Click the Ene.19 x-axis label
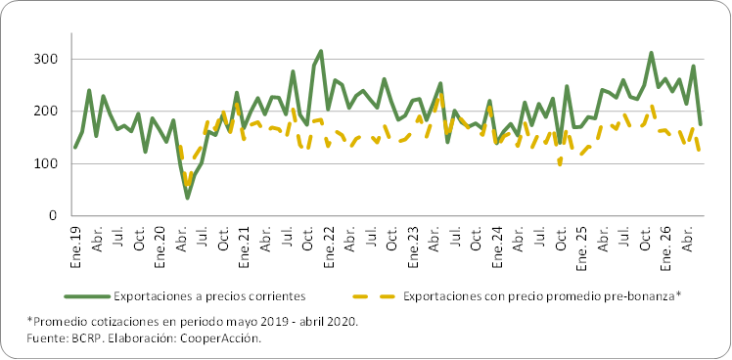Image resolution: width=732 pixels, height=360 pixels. click(75, 247)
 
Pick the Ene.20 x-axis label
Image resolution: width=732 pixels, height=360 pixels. click(160, 247)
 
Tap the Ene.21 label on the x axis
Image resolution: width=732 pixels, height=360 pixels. click(244, 247)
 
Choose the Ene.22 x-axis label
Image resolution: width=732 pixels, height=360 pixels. click(329, 247)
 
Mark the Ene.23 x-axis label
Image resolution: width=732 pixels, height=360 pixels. click(413, 247)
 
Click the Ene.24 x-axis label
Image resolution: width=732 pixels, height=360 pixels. click(498, 247)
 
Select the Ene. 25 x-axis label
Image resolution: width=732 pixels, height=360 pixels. click(582, 249)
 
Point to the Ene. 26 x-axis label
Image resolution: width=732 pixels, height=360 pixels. click(666, 249)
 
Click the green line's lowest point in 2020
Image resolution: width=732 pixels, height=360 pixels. click(188, 198)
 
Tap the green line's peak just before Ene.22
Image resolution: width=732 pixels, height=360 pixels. click(321, 51)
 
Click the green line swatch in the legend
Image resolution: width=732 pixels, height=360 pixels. click(87, 296)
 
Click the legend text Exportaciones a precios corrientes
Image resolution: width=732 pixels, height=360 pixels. click(209, 296)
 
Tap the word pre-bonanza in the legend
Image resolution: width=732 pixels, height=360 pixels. click(650, 296)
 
